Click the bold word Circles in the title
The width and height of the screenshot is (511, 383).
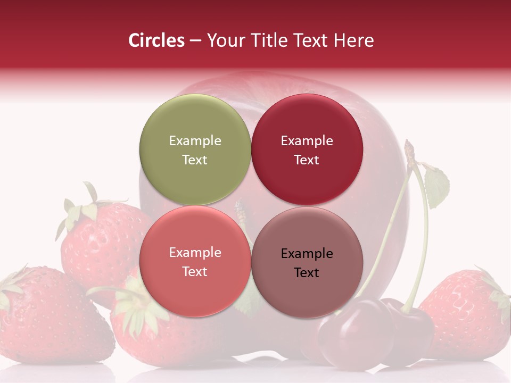156,40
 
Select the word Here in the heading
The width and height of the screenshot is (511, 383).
353,40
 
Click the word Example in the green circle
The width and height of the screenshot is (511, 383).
195,141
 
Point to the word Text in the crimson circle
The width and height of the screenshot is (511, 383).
307,160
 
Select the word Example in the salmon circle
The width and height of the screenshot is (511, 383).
195,253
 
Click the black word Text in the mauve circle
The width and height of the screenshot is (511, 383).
307,273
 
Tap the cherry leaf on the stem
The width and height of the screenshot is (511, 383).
436,186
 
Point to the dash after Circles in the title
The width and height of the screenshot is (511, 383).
195,40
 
